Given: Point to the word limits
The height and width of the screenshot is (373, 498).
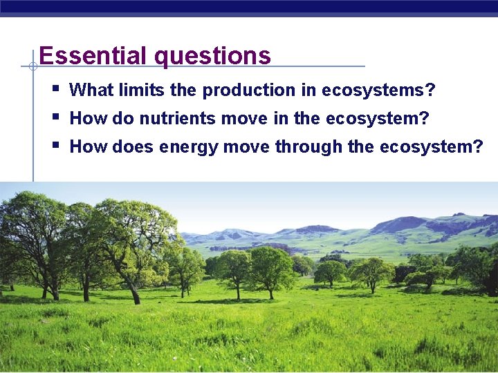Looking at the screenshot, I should tap(138, 90).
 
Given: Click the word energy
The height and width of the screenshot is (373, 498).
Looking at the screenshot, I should tap(189, 148).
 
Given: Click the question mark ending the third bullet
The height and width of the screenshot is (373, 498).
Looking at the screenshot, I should tap(478, 147).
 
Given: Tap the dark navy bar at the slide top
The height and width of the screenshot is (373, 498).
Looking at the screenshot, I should tap(249, 6).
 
